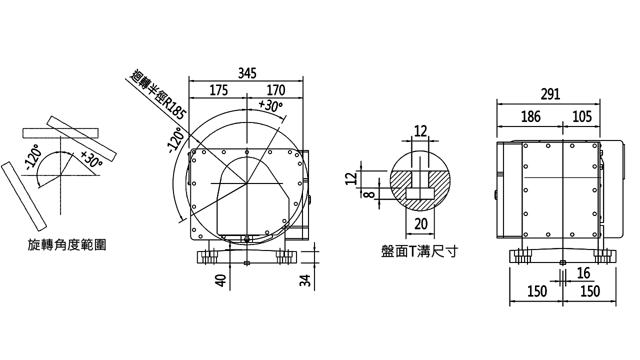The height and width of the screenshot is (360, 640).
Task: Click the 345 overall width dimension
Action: [x=247, y=73]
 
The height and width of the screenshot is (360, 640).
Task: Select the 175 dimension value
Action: [x=219, y=90]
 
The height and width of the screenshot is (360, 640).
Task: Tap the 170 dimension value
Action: [x=276, y=90]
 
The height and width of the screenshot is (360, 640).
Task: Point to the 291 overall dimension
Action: [x=550, y=94]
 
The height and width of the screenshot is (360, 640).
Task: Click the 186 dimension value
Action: [x=531, y=116]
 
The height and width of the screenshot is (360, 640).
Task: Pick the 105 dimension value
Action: [x=582, y=116]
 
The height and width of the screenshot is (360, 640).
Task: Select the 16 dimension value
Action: [x=583, y=273]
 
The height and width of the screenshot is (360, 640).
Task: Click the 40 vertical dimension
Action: [x=220, y=280]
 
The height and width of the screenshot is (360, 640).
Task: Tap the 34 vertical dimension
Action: [x=305, y=280]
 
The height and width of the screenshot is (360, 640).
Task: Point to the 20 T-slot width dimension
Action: [x=421, y=224]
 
